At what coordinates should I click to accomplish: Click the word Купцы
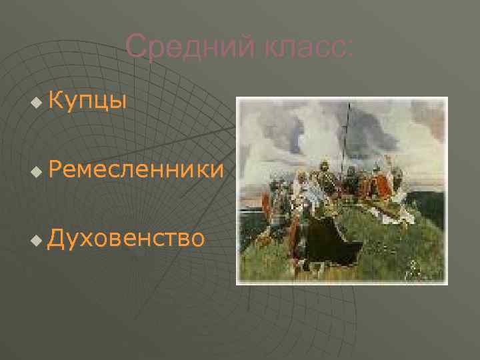point(87,101)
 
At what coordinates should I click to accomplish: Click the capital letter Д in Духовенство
point(57,237)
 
